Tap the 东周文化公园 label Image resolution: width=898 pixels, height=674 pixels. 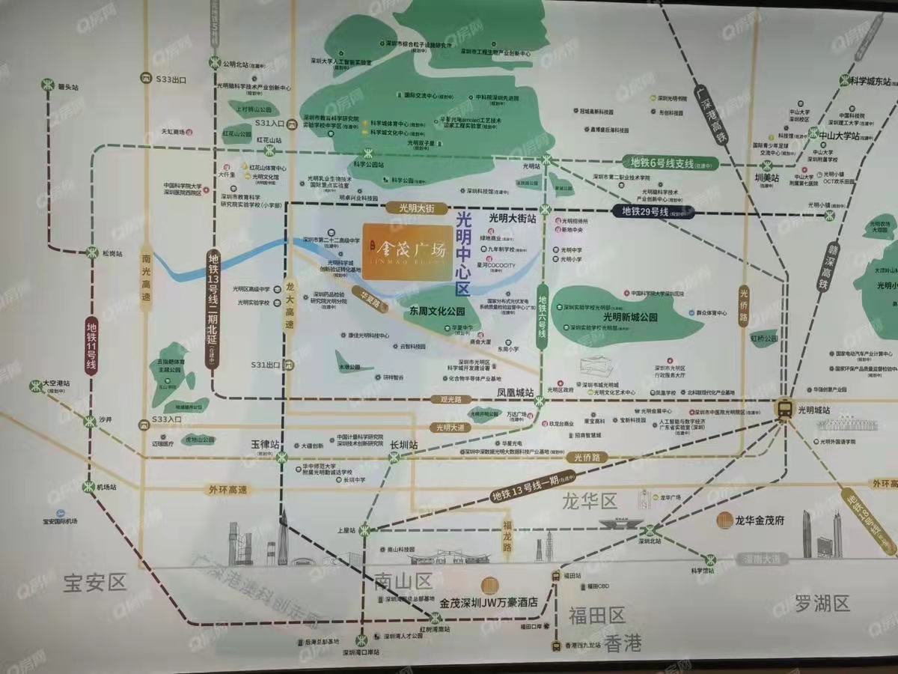pyautogui.click(x=437, y=310)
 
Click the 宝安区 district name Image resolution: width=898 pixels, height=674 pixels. pyautogui.click(x=96, y=582)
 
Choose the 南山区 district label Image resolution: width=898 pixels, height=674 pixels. pyautogui.click(x=404, y=580)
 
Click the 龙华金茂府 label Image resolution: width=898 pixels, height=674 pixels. pyautogui.click(x=759, y=520)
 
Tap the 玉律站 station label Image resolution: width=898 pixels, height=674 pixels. pyautogui.click(x=264, y=444)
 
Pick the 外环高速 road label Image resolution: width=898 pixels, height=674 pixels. pyautogui.click(x=227, y=490)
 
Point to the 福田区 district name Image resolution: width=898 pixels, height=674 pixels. pyautogui.click(x=596, y=616)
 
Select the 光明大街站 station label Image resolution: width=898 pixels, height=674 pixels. pyautogui.click(x=513, y=217)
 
